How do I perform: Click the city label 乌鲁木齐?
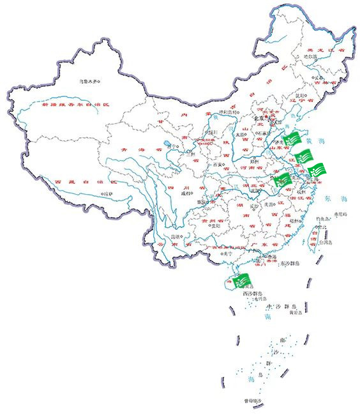pyautogui.click(x=89, y=81)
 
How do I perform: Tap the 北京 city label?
pyautogui.click(x=259, y=118)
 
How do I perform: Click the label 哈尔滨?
pyautogui.click(x=310, y=57)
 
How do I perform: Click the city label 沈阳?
pyautogui.click(x=301, y=95)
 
